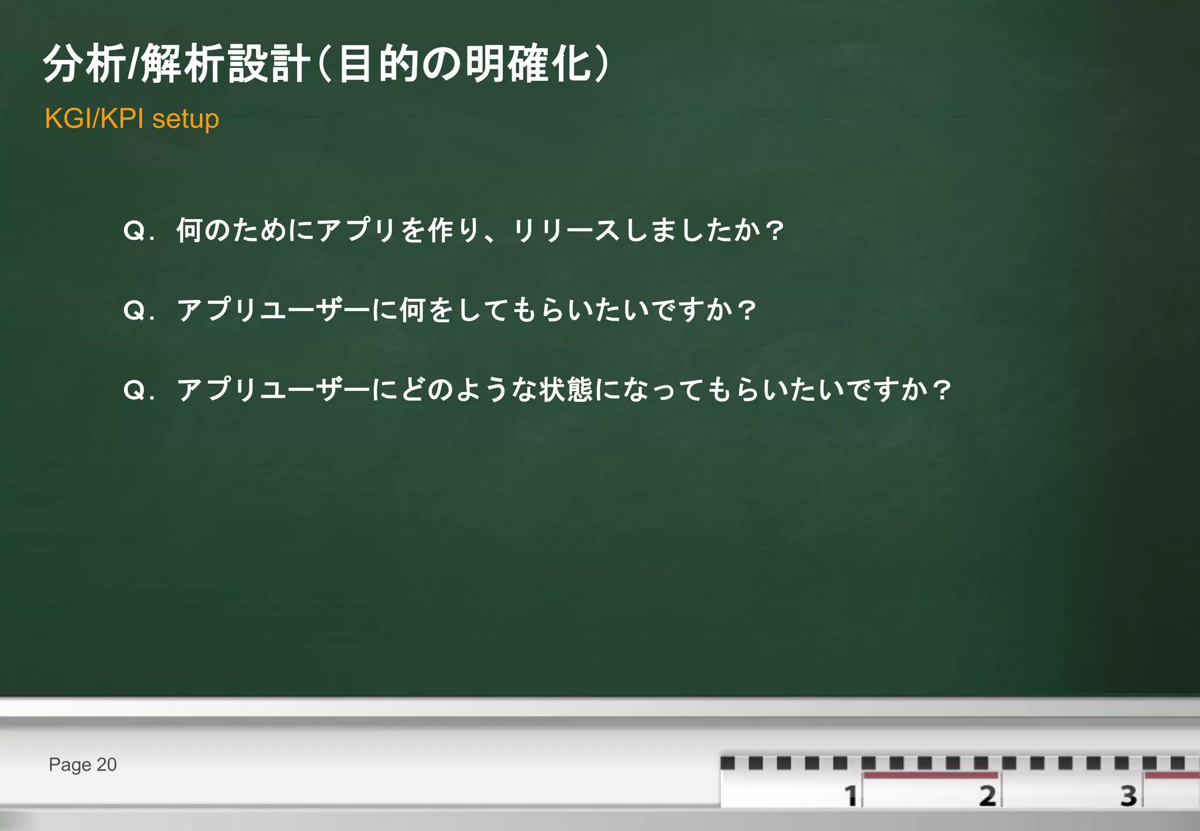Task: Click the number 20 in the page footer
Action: [107, 764]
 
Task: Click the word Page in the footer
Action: [70, 765]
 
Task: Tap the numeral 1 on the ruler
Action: [851, 796]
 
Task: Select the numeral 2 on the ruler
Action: [987, 796]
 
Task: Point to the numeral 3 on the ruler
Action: [1129, 796]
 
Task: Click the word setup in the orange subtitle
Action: [185, 119]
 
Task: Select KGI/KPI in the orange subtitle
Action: [94, 118]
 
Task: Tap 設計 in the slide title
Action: [269, 63]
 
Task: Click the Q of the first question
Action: [134, 230]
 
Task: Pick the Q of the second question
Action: [134, 310]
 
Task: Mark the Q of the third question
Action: [134, 390]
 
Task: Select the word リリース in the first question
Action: [566, 230]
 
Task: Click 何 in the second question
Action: [412, 310]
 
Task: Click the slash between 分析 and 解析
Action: [134, 63]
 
